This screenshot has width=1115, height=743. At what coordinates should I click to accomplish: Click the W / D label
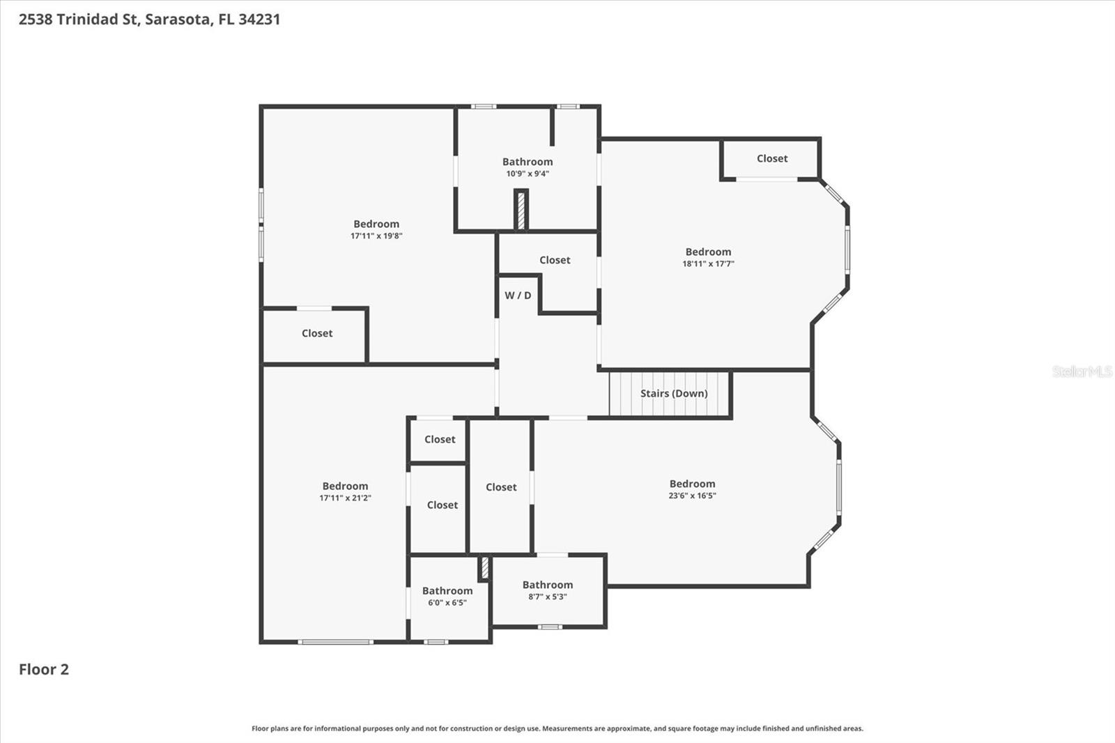click(518, 296)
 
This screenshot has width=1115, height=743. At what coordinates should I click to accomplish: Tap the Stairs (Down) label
click(674, 394)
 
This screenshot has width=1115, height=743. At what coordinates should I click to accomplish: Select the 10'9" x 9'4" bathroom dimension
click(528, 174)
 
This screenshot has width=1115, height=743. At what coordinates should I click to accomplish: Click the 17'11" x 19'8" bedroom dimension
click(376, 236)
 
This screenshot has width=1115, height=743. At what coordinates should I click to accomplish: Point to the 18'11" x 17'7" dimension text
click(708, 264)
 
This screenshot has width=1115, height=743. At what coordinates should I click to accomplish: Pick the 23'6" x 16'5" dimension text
click(692, 496)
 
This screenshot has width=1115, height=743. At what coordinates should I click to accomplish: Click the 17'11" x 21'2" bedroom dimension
click(345, 498)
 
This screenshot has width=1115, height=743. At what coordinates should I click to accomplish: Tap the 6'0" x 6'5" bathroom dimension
click(447, 603)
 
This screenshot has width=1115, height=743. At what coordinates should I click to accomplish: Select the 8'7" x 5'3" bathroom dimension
click(548, 597)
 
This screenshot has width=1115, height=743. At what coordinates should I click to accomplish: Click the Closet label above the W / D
click(555, 260)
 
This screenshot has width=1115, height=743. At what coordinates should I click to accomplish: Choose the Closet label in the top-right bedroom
click(772, 159)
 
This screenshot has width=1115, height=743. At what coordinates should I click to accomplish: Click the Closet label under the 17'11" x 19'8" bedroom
click(317, 334)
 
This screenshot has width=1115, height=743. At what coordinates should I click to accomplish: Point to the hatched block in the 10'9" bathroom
click(520, 210)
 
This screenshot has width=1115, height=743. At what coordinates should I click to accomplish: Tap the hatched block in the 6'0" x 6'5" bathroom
click(485, 567)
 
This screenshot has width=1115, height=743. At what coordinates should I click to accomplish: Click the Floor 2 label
click(44, 670)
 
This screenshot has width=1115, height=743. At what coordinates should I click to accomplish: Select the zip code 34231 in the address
click(259, 20)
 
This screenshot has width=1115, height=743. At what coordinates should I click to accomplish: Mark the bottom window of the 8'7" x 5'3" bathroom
click(550, 627)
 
